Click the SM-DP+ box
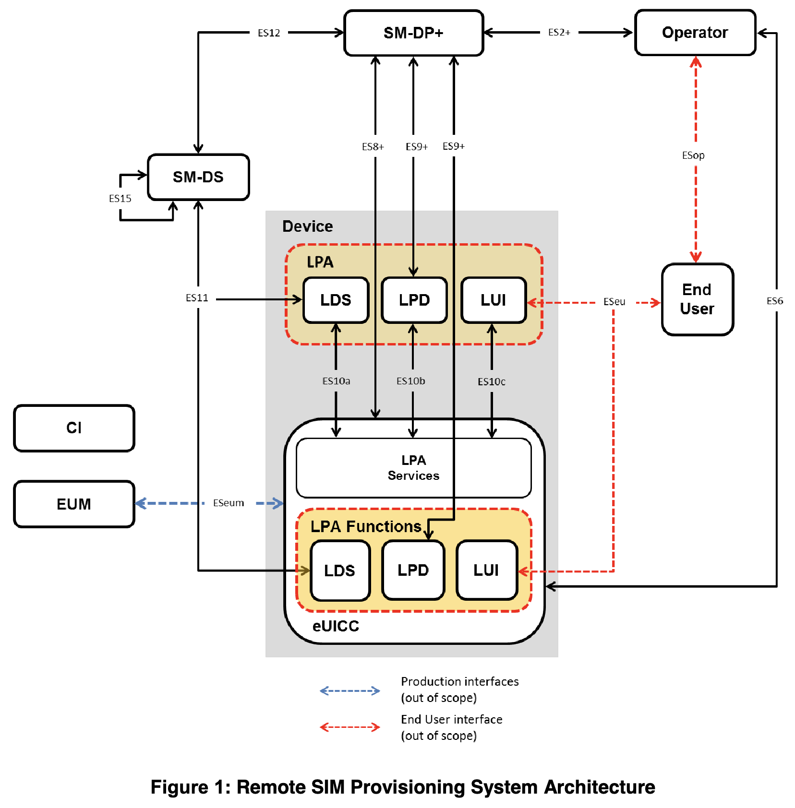413,33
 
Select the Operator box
695,33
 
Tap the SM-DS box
198,177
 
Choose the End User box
697,299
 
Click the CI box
74,428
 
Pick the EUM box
74,504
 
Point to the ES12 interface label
269,33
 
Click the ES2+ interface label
559,33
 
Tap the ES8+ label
373,147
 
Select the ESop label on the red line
693,155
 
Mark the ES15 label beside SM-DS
120,199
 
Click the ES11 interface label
197,298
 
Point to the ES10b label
411,381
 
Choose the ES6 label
775,301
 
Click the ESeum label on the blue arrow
229,503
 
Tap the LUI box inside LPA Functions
486,570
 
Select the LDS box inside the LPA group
336,300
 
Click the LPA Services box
413,468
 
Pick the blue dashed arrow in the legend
350,691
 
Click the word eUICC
336,626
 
